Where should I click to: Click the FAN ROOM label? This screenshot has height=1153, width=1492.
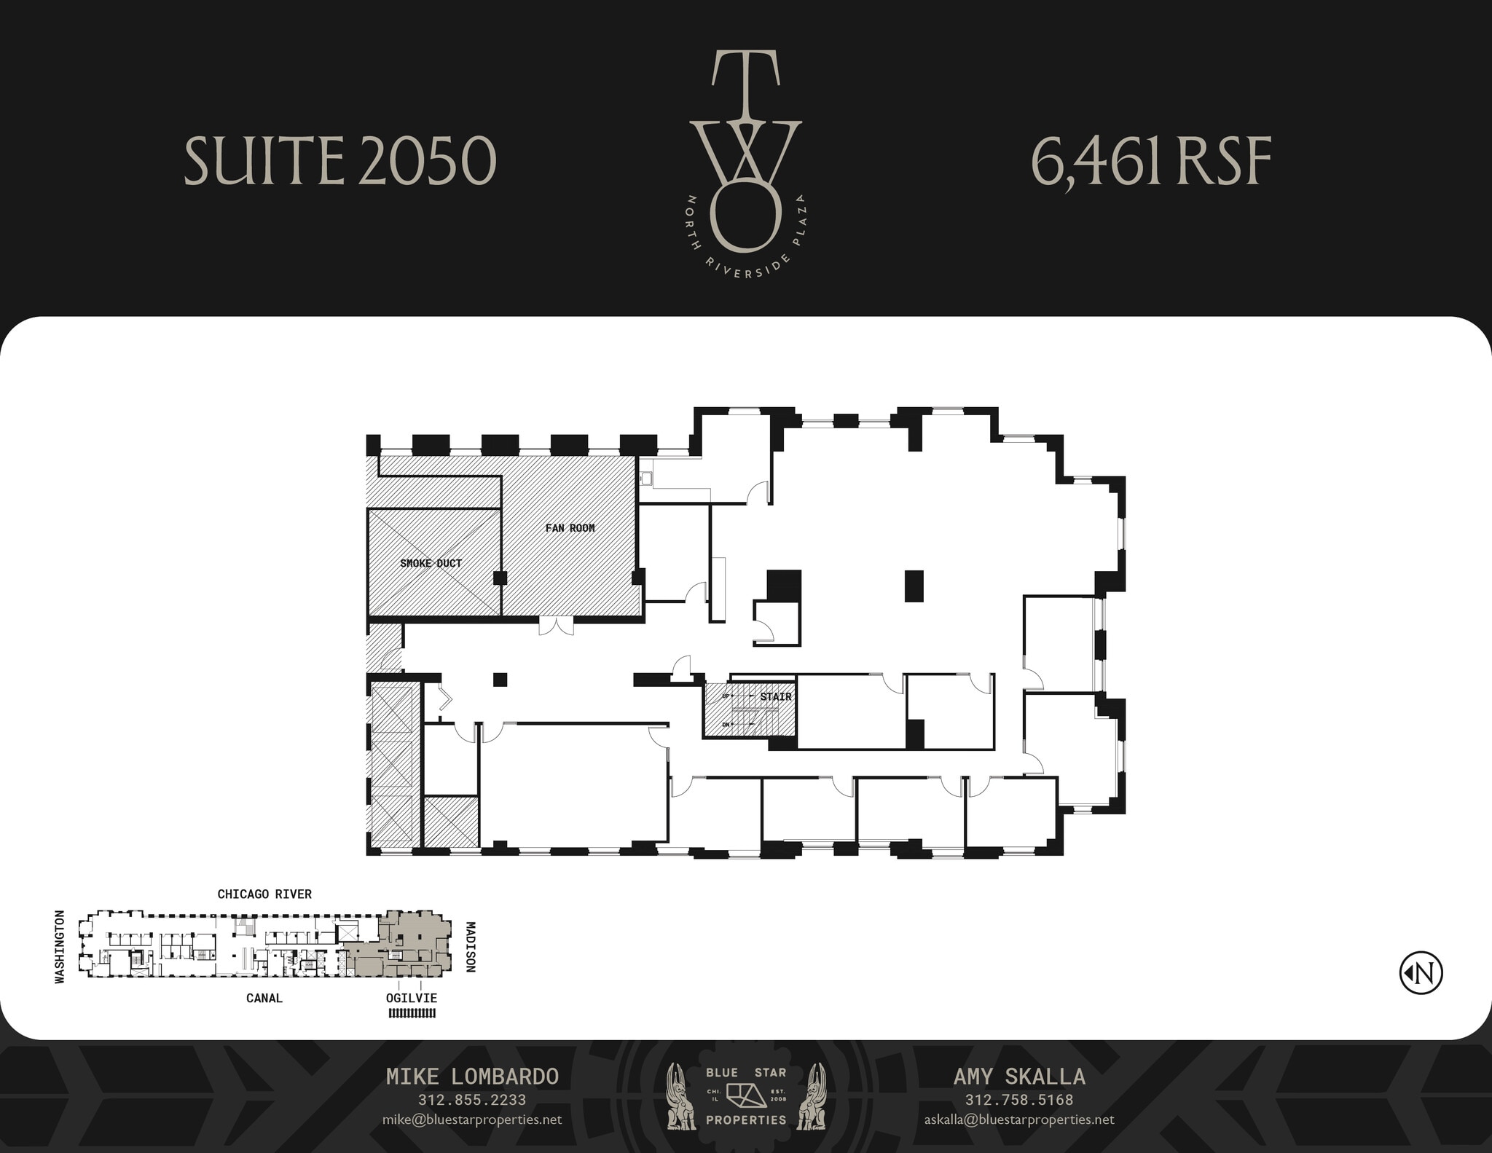(x=570, y=528)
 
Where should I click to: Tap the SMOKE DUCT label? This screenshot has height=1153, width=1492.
(x=431, y=563)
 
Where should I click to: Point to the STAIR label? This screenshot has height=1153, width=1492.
(x=775, y=697)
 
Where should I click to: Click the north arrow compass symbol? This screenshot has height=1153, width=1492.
(x=1421, y=972)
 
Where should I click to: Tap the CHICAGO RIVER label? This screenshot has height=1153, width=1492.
(x=264, y=894)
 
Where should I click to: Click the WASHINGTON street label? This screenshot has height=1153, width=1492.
(x=60, y=947)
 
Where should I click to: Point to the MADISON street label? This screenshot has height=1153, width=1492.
(x=470, y=947)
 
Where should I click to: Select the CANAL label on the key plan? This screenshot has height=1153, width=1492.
(x=264, y=998)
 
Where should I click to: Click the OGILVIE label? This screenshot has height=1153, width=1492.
(x=412, y=998)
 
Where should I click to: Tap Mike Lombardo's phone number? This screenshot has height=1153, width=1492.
(x=471, y=1100)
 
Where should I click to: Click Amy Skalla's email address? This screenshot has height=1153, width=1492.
(x=1018, y=1119)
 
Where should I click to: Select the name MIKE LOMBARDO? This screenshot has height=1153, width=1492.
(x=472, y=1077)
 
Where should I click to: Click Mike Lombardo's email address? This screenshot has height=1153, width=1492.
(x=471, y=1119)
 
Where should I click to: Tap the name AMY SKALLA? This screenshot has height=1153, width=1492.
(x=1018, y=1077)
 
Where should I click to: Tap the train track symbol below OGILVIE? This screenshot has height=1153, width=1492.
(x=412, y=1012)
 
